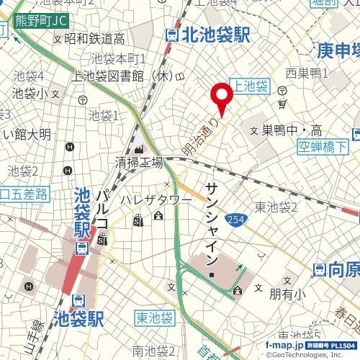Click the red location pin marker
click(220, 97)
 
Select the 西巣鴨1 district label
click(307, 73)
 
